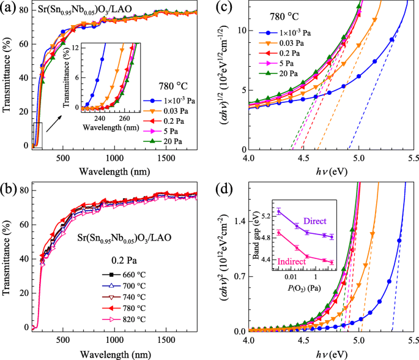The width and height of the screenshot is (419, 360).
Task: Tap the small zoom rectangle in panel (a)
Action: [x=37, y=135]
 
